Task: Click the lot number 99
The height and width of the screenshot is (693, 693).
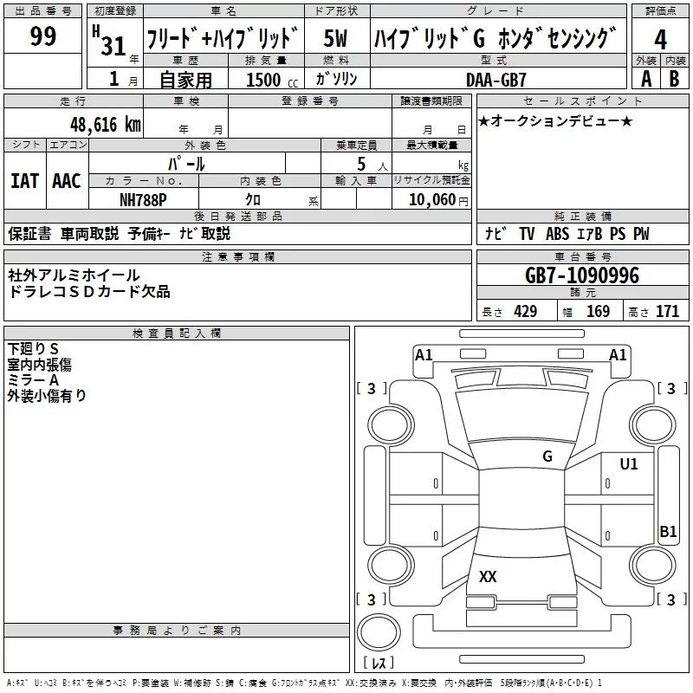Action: point(42,37)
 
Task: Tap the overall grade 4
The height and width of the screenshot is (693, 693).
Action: point(661,40)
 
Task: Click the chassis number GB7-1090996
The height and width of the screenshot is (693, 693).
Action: point(581,275)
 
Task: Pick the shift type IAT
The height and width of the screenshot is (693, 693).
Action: point(24,180)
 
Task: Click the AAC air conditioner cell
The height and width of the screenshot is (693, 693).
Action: point(66,180)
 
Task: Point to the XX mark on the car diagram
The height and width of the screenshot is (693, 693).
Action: point(488,577)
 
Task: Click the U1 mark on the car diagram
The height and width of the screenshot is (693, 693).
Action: point(628,464)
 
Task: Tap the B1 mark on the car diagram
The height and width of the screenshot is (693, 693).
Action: point(668,532)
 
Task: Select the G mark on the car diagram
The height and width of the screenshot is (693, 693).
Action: point(547,457)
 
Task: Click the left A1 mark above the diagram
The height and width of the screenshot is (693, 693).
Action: point(424,354)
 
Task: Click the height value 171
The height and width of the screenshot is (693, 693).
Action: point(667,312)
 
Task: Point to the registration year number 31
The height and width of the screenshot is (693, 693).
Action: point(113,45)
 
